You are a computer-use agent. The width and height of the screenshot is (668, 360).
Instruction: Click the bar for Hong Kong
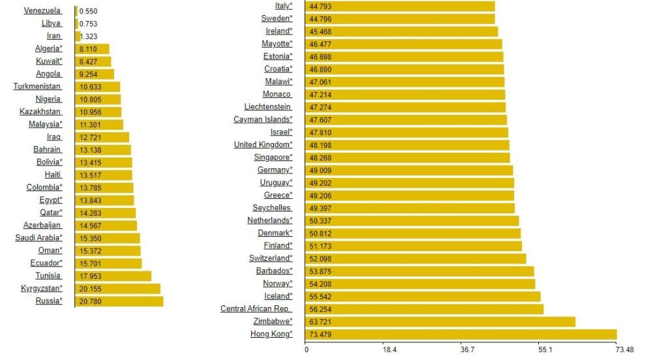pos(461,335)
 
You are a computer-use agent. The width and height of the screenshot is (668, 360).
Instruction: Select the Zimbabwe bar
pos(440,322)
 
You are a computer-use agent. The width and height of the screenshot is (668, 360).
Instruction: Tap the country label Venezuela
pos(42,11)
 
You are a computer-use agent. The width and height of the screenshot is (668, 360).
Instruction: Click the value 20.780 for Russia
pos(90,301)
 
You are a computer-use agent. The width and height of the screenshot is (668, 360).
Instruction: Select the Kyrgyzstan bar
pos(117,289)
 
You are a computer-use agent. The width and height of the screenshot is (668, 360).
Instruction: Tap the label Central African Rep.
pos(256,309)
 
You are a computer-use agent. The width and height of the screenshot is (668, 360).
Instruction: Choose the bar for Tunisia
pos(113,276)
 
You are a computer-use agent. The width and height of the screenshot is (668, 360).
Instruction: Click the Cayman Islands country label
pos(263,119)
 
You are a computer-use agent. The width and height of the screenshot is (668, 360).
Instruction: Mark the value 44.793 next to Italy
pos(322,7)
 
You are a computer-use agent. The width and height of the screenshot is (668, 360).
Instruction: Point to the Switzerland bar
pos(416,258)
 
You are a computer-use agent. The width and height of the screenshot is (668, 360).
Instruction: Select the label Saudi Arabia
pos(39,238)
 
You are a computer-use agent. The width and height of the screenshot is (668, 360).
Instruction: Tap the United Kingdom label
pos(263,145)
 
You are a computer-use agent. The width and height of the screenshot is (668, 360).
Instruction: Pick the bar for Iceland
pos(423,296)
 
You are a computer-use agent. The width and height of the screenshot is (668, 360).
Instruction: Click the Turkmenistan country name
pos(37,87)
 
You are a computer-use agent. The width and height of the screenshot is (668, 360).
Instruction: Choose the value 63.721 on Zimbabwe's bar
pos(322,322)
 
